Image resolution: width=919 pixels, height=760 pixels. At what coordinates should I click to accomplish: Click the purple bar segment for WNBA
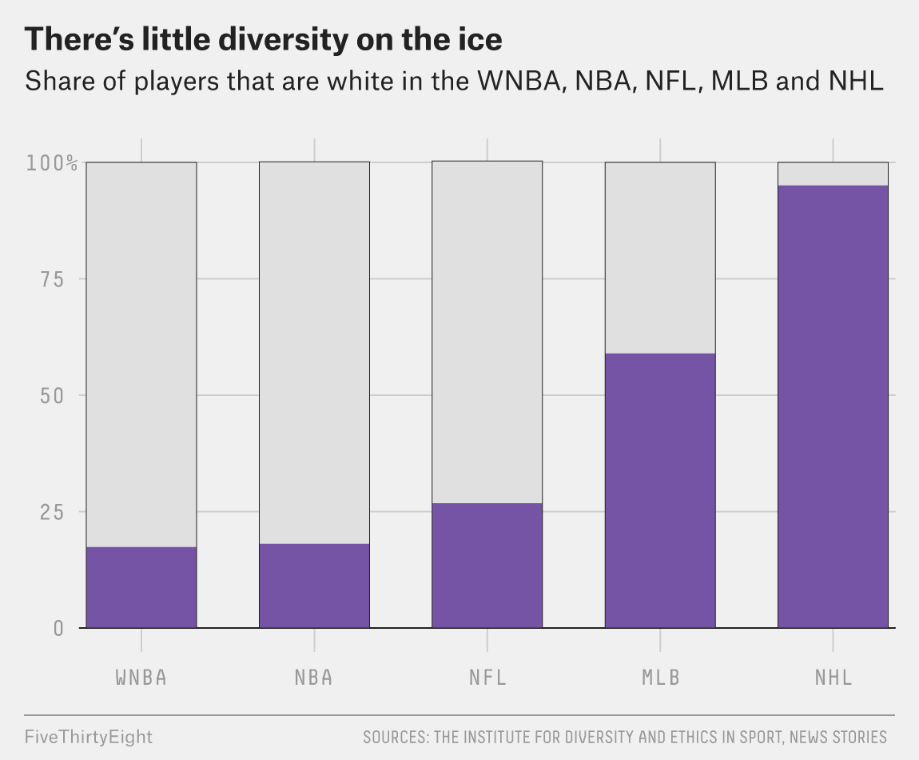coord(141,587)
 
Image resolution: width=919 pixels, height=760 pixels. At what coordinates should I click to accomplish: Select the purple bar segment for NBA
coord(314,586)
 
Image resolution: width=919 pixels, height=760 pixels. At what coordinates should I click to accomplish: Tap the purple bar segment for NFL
coord(487,565)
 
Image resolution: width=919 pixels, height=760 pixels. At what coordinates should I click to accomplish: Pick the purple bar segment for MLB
coord(660,490)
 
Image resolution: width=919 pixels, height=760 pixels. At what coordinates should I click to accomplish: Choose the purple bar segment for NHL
coord(833,406)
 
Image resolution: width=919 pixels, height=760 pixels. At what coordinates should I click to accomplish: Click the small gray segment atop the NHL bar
coord(833,174)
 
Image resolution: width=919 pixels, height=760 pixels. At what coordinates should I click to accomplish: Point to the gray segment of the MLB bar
coord(660,258)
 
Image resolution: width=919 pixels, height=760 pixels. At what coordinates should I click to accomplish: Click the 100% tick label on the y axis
coord(52,163)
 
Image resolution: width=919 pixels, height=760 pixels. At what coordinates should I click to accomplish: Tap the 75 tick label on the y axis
coord(52,279)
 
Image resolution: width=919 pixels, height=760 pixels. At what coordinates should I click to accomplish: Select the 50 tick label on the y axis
coord(52,395)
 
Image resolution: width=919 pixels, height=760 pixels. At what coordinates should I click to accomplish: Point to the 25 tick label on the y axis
coord(52,512)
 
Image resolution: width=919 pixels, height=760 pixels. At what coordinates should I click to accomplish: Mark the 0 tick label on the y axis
coord(58,629)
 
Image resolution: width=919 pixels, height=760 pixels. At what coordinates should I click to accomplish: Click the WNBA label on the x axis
coord(141,678)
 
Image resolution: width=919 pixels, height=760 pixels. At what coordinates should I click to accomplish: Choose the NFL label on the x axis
coord(487,678)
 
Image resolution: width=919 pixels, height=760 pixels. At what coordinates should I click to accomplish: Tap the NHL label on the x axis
coord(833,678)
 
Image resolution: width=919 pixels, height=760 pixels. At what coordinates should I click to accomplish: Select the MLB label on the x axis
coord(661,678)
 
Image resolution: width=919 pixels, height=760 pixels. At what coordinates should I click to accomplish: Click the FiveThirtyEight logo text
coord(89,737)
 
